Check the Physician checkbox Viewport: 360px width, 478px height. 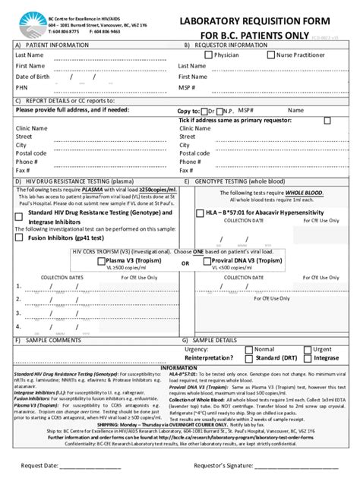209,55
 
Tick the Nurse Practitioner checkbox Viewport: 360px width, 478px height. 271,55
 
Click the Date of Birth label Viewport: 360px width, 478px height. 33,77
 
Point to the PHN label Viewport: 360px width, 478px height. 22,87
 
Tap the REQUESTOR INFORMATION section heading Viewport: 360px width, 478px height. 235,45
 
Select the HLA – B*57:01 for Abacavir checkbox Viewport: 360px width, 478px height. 199,213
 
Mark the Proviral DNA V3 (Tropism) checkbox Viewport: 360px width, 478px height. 206,260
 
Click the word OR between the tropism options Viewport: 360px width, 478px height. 185,263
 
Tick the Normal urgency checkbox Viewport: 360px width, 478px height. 248,349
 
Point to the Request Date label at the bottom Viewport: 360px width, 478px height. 42,464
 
